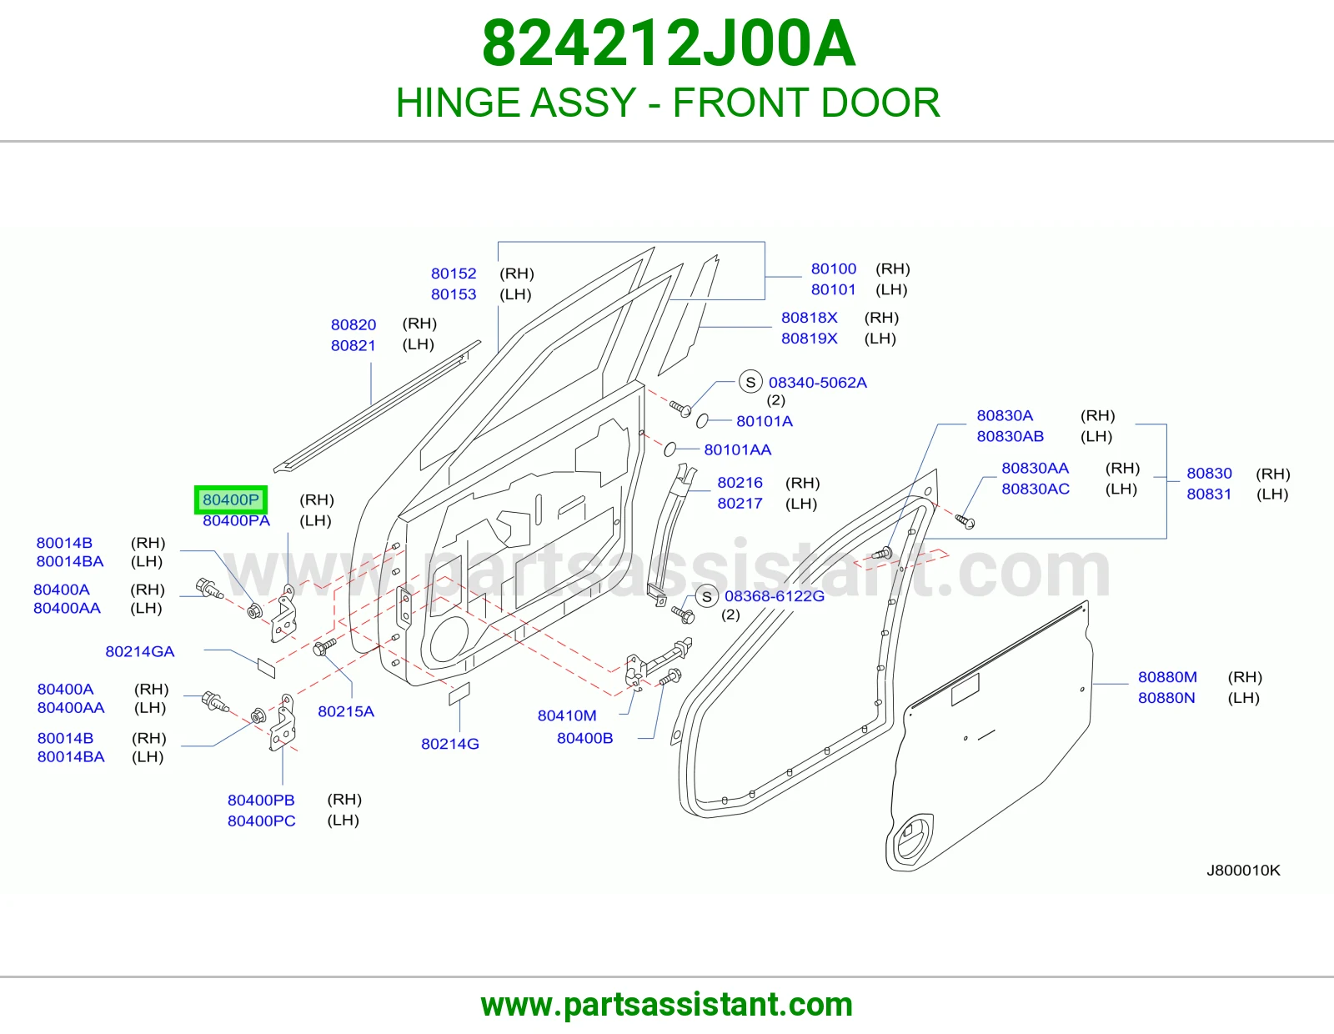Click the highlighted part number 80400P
click(231, 499)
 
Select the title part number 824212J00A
click(668, 44)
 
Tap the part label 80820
click(354, 324)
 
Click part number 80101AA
click(737, 449)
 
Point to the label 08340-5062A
click(818, 383)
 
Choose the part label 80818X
click(809, 318)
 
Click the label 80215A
click(346, 711)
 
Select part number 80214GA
click(140, 651)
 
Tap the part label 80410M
click(567, 715)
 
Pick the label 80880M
click(1167, 676)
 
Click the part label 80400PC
click(262, 821)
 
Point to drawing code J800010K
click(1243, 870)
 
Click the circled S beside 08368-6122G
click(706, 596)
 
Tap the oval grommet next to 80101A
click(702, 420)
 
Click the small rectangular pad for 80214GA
click(267, 667)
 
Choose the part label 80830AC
click(1035, 489)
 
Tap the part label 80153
click(454, 294)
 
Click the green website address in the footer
click(667, 1005)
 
